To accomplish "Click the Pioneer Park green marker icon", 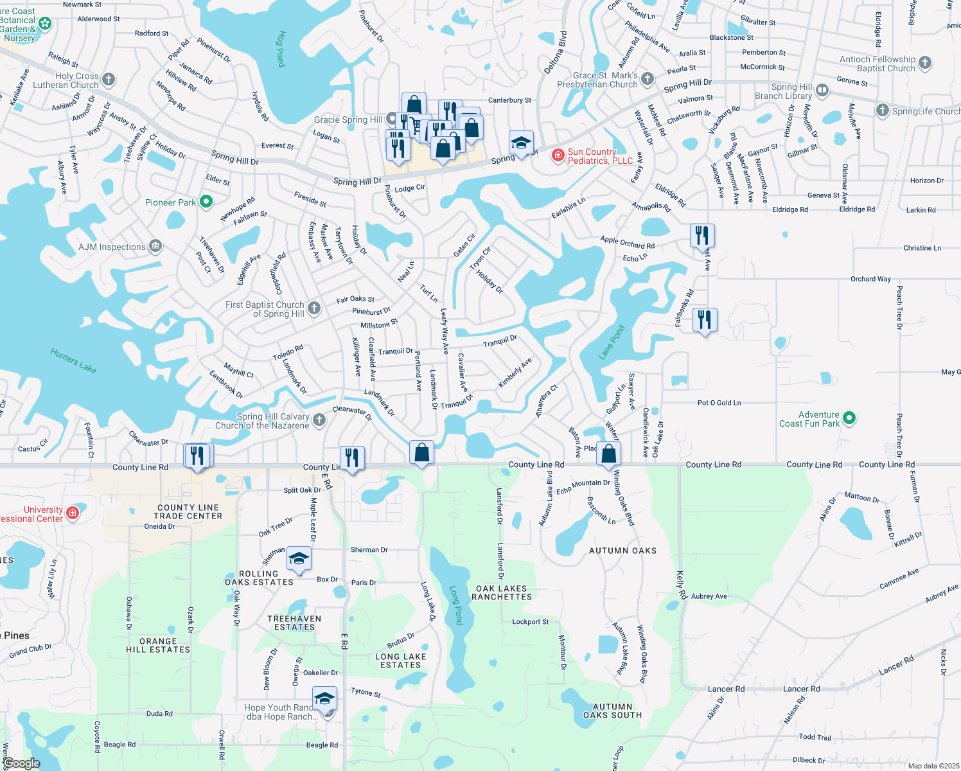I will [x=206, y=202].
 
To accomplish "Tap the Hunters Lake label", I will [x=73, y=360].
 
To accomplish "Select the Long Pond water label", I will [x=455, y=605].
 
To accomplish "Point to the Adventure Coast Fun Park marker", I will [x=849, y=419].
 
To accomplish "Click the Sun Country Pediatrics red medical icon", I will [x=558, y=155].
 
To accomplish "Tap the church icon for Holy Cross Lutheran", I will [x=109, y=80].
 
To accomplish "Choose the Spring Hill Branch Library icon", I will [x=823, y=91].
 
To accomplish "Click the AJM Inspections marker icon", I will [x=155, y=246].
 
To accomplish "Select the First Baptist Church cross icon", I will [x=314, y=308].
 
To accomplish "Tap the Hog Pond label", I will [x=281, y=49].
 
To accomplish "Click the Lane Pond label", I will [x=611, y=342].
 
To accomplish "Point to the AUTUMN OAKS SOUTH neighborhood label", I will [x=612, y=711].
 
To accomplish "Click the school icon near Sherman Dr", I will [x=299, y=558].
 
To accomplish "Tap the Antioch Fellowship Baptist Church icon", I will [x=925, y=63].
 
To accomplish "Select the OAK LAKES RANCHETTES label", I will [x=502, y=592].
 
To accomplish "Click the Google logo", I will [x=21, y=763].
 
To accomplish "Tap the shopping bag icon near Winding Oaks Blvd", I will [x=608, y=454].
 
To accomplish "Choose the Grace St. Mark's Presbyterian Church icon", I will [x=648, y=79].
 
